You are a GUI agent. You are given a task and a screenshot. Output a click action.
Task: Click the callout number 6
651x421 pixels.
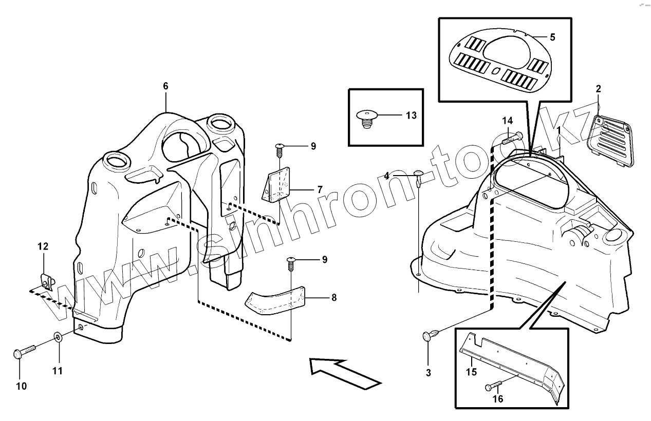pos(165,86)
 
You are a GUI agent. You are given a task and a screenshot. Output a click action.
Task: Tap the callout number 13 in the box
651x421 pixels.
pos(411,115)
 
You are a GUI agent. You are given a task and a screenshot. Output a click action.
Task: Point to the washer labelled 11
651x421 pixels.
pos(58,337)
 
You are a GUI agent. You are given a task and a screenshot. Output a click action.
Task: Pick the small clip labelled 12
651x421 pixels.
pos(47,282)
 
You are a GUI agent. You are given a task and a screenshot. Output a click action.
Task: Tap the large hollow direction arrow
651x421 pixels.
pos(345,372)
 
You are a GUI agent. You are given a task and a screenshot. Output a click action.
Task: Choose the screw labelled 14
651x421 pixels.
pos(513,137)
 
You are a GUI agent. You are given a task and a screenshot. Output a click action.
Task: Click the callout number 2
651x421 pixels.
pos(598,89)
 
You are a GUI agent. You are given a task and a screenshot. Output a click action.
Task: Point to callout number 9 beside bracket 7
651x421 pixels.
pos(312,147)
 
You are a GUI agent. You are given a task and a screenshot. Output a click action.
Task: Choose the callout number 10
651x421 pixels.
pos(22,386)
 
